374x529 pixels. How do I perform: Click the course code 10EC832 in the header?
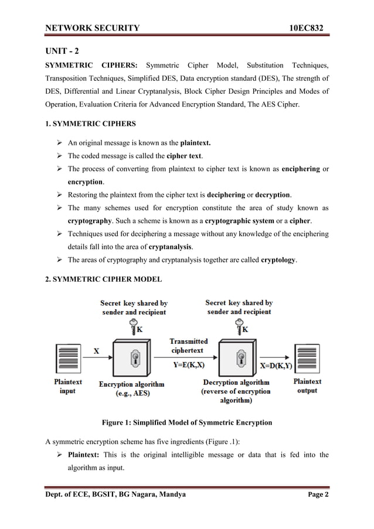click(305, 28)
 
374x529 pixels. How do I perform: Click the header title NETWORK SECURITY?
click(93, 28)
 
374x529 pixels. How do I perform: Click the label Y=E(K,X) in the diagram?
click(189, 364)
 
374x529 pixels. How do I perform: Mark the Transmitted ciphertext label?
click(189, 346)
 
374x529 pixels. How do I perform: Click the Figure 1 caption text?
click(187, 422)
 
